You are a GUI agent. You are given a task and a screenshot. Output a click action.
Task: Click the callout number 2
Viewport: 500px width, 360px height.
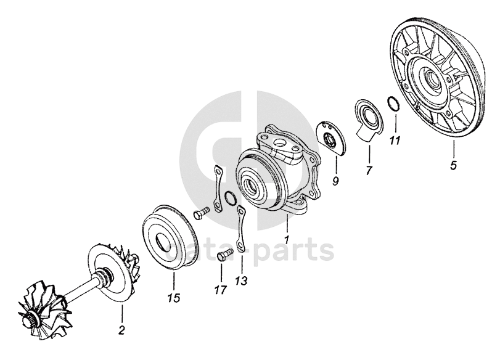click(121, 330)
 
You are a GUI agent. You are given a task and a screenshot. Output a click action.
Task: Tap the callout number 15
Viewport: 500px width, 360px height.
click(174, 298)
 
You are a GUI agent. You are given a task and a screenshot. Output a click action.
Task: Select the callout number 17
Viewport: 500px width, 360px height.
click(220, 290)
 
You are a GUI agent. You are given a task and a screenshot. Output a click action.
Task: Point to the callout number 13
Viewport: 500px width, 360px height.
click(241, 281)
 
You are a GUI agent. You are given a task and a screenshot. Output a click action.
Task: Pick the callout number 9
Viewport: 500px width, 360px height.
click(335, 181)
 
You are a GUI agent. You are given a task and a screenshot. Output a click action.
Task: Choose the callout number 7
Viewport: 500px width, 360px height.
click(369, 170)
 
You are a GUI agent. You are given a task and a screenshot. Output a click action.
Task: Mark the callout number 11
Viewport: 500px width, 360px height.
click(395, 141)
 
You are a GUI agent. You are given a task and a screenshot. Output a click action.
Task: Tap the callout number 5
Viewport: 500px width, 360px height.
click(453, 165)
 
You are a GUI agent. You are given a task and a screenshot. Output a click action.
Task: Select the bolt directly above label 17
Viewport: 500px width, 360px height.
click(224, 256)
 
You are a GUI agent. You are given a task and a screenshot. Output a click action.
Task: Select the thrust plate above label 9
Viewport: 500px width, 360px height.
click(331, 138)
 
